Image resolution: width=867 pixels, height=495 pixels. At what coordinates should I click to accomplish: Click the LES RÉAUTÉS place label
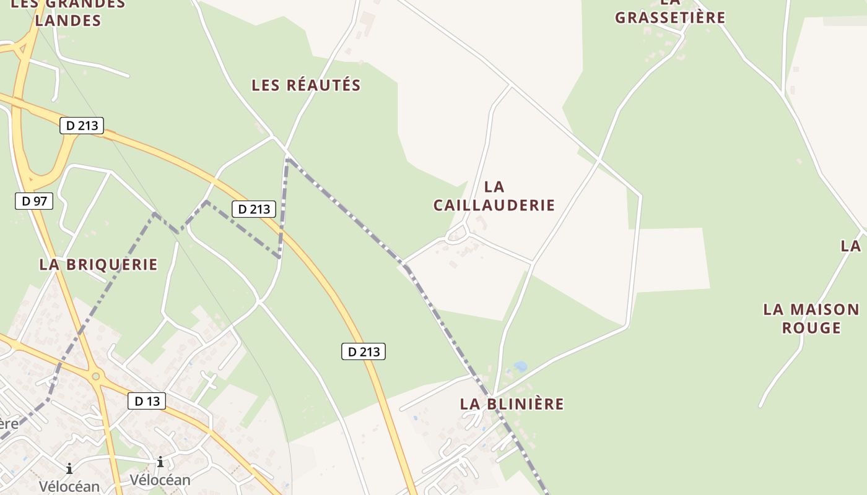point(306,85)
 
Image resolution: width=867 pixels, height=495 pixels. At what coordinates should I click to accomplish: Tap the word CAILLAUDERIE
point(494,205)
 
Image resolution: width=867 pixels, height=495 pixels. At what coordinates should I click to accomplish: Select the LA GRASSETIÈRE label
point(669,17)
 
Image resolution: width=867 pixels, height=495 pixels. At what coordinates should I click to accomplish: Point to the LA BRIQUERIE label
point(98,264)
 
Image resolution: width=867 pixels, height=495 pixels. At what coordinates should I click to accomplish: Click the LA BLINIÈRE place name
point(512,404)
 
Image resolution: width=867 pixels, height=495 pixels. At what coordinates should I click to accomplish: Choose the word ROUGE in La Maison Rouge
point(811,327)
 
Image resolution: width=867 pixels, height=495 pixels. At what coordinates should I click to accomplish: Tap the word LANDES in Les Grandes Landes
point(68,20)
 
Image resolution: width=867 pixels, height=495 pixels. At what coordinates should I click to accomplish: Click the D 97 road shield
point(34,201)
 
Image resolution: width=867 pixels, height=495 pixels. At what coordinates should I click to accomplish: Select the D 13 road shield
point(147,401)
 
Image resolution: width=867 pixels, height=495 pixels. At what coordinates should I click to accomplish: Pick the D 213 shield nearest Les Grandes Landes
point(82,126)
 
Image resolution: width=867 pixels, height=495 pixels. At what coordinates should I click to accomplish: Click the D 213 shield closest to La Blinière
point(364,352)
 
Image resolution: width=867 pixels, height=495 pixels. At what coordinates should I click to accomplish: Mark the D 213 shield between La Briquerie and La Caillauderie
point(254,209)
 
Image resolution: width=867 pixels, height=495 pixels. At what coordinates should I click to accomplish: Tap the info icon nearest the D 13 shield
point(160,462)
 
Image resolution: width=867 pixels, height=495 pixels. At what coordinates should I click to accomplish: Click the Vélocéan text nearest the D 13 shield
point(160,480)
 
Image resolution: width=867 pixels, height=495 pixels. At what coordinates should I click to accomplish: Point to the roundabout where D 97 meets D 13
point(95,376)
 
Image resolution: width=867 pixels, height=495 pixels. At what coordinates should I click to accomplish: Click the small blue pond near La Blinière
point(520,366)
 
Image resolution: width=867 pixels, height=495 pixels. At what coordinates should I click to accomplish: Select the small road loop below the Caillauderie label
point(457,233)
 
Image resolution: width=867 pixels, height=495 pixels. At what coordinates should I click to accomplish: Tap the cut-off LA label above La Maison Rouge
point(852,246)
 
